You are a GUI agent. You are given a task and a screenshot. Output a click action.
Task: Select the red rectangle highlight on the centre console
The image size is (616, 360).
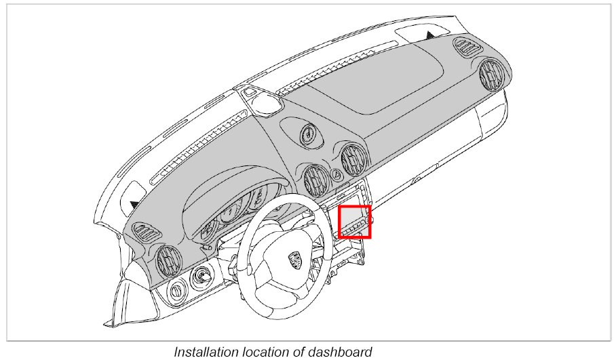point(355,222)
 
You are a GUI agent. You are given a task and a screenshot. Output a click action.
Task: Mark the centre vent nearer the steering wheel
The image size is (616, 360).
point(316,180)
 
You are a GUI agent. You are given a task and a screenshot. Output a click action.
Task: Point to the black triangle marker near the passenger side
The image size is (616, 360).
point(431,35)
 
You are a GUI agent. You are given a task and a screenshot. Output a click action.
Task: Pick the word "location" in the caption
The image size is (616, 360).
point(267,352)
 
